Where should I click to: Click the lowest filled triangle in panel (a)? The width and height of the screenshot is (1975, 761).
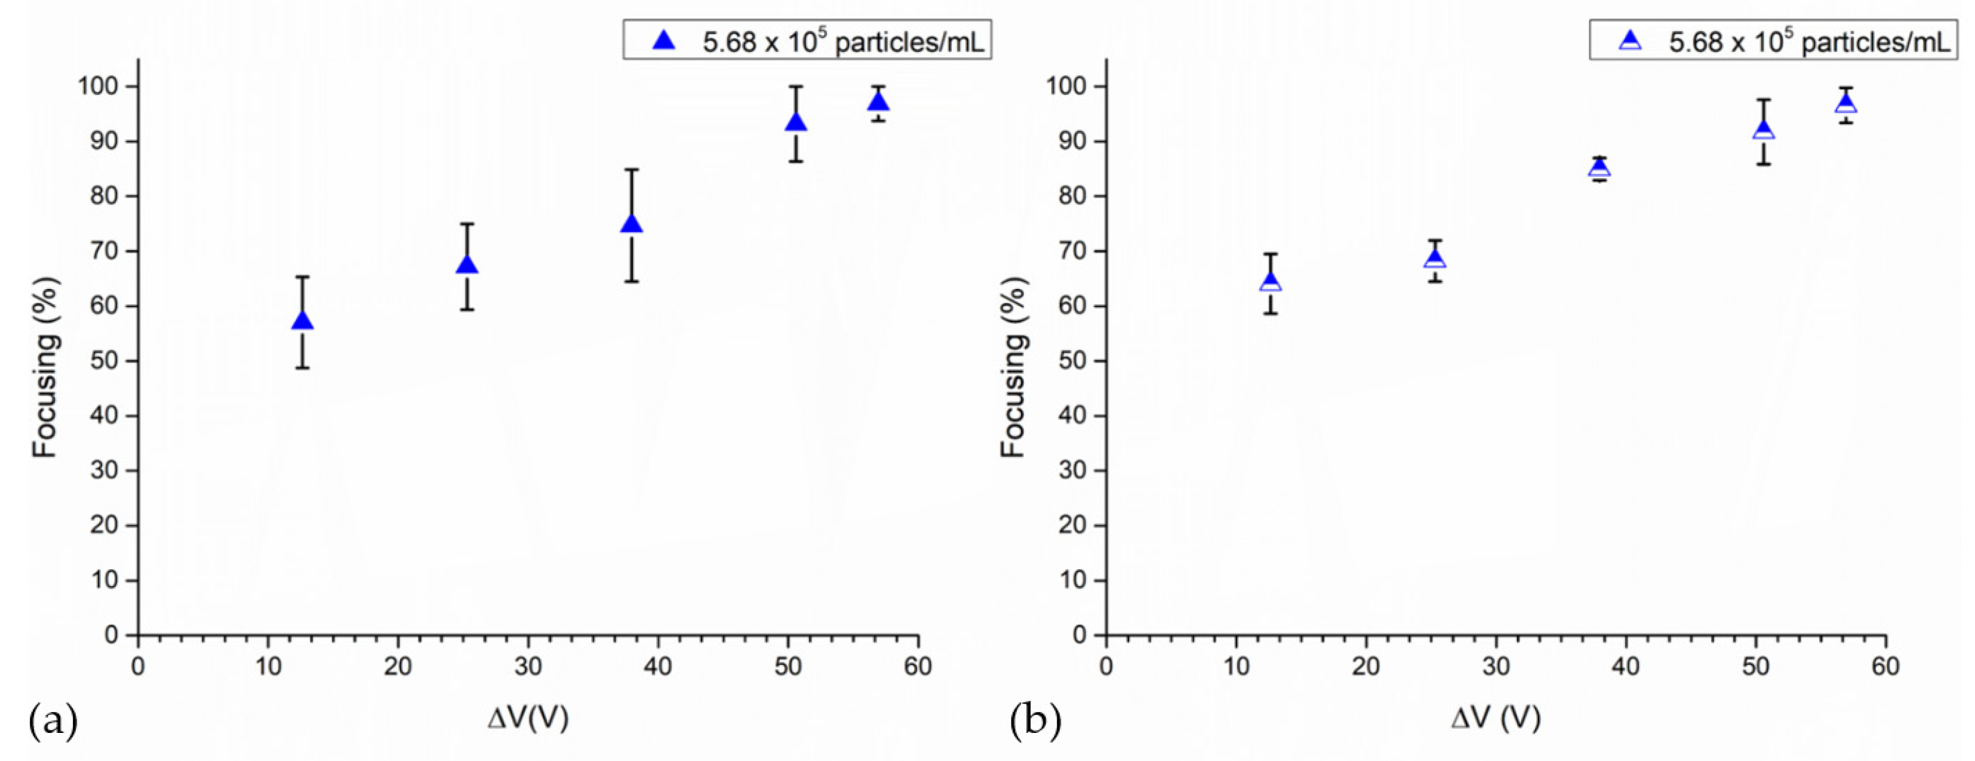(302, 321)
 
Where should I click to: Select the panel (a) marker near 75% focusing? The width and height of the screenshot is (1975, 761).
(631, 224)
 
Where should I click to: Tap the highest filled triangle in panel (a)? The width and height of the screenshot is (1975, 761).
(879, 102)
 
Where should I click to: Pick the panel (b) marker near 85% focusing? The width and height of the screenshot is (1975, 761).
(1599, 168)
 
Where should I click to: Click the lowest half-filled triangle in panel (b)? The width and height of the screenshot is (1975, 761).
(1270, 283)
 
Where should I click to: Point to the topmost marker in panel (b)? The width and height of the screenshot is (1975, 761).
(1846, 103)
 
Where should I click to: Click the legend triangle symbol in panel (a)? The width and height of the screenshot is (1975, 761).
(664, 41)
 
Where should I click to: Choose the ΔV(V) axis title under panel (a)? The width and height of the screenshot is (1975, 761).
(528, 718)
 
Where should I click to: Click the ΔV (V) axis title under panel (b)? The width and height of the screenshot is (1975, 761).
(1496, 718)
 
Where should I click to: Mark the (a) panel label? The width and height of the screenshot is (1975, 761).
(53, 721)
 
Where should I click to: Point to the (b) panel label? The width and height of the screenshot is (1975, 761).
(1035, 721)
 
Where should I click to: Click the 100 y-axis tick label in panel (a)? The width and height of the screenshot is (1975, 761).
(97, 86)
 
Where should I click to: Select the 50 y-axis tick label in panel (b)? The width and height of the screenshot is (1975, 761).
(1073, 361)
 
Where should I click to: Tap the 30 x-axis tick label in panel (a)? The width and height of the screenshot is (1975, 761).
(528, 666)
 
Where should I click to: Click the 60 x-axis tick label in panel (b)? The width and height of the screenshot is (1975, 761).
(1884, 666)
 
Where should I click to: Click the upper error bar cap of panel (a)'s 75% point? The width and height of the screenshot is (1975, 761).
(631, 170)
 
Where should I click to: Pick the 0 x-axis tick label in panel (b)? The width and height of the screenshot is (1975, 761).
(1106, 666)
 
